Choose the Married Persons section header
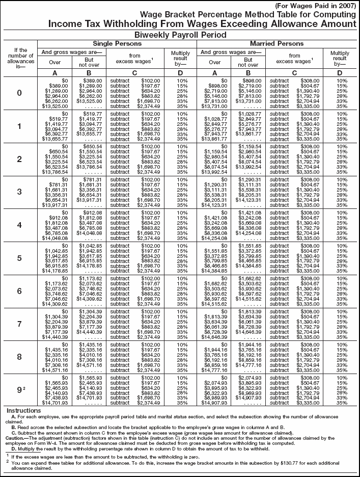[275, 44]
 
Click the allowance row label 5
[19, 257]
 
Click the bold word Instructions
[23, 410]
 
